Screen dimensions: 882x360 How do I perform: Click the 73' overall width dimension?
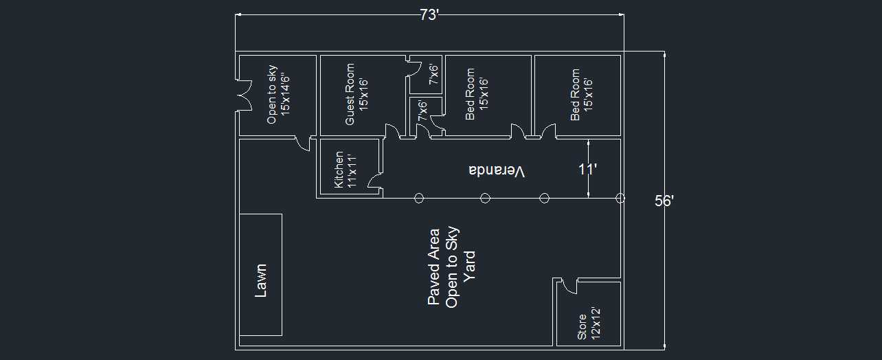[429, 15]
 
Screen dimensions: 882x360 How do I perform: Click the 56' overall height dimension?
[664, 201]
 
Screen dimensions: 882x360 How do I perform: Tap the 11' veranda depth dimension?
[587, 170]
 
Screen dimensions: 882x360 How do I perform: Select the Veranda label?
[497, 171]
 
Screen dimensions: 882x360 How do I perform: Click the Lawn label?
[260, 280]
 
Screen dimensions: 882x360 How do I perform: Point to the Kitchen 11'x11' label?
[345, 170]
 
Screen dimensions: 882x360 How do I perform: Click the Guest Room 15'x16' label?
[357, 95]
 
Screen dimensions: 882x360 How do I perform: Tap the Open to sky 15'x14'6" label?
[278, 95]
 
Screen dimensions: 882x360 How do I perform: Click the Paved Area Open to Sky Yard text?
[451, 267]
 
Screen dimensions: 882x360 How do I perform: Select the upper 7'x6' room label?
[433, 74]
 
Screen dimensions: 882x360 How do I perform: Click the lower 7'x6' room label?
[422, 111]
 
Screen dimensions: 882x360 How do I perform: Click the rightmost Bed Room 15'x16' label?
[581, 95]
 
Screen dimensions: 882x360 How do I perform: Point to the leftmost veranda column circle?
[419, 198]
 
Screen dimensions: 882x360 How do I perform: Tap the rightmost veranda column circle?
[620, 198]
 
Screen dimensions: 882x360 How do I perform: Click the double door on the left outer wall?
[244, 95]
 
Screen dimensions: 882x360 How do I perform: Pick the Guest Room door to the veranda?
[392, 131]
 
